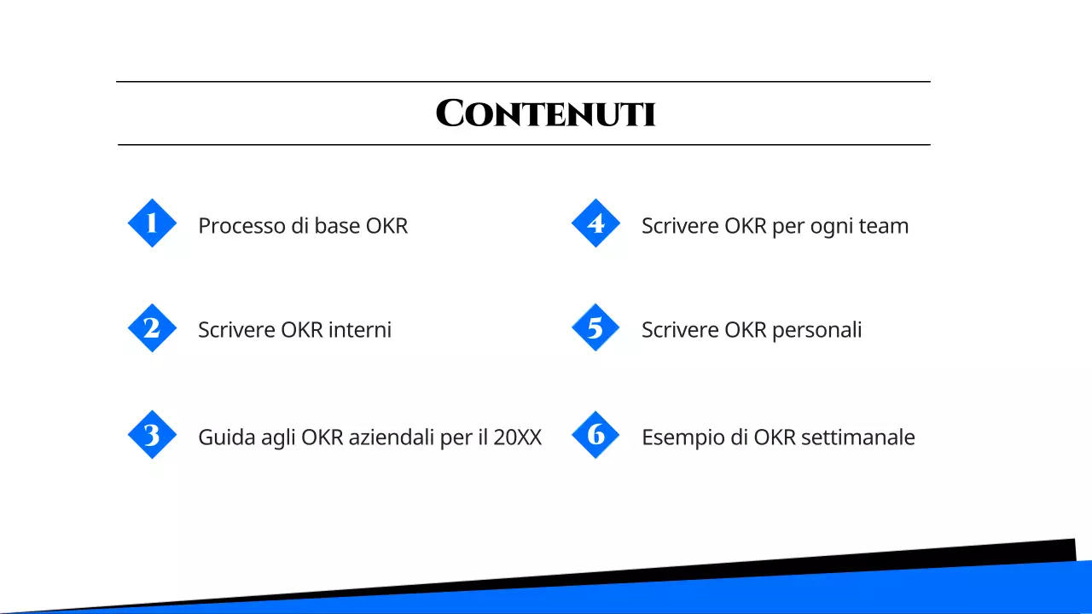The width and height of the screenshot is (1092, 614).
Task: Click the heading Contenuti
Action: coord(545,113)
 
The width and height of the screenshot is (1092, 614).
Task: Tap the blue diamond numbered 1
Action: coord(152,223)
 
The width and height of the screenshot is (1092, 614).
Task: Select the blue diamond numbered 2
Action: coord(152,328)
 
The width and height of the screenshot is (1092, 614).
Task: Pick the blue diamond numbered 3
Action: coord(152,435)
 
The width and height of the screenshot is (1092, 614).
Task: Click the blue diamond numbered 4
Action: coord(595,223)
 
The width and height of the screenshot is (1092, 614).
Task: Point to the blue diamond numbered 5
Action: coord(595,328)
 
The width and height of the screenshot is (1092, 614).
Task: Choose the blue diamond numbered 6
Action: coord(595,435)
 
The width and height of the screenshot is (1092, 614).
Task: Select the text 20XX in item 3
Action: coord(517,437)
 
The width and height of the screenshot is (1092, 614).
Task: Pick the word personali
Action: coord(816,330)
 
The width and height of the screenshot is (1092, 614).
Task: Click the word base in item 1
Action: coord(337,226)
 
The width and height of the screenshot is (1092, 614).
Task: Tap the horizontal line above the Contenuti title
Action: coord(523,82)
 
